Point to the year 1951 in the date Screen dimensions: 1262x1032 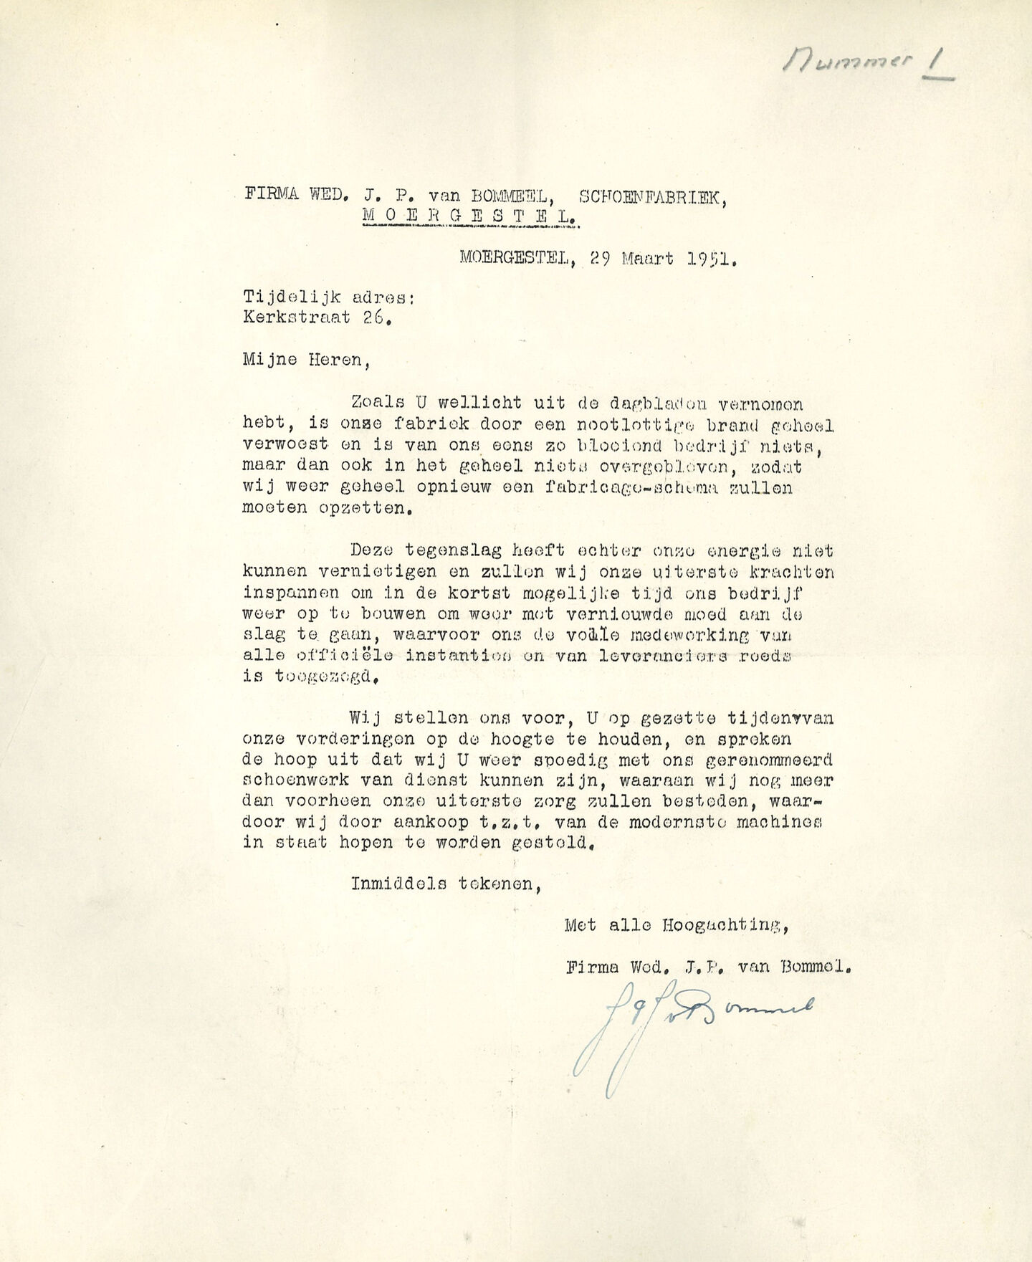point(711,259)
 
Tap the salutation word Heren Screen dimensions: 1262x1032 point(338,360)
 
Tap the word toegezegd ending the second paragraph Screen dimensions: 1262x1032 point(325,677)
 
